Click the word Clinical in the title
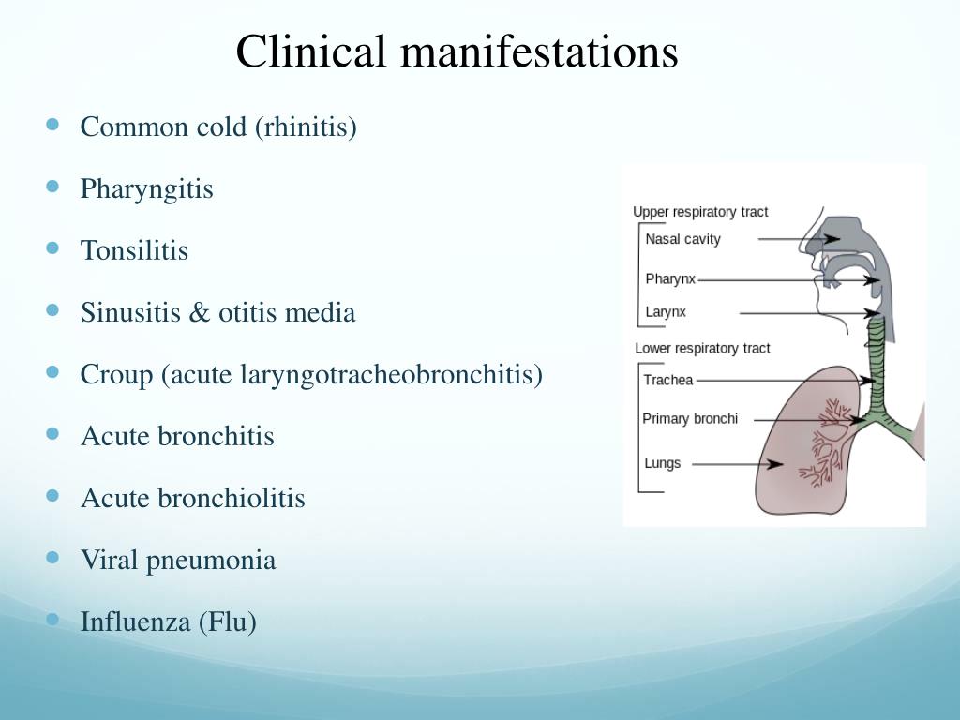click(x=310, y=52)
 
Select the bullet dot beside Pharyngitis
click(x=52, y=187)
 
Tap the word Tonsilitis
click(x=134, y=250)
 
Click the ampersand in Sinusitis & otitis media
click(x=200, y=312)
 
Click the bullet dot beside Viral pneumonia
click(x=52, y=558)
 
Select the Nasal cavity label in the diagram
click(x=682, y=239)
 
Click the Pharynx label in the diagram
click(x=670, y=279)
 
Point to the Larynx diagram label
click(x=666, y=312)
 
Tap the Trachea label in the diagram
click(x=668, y=381)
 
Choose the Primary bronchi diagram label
click(x=690, y=418)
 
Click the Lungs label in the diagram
click(x=663, y=463)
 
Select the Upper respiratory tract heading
click(x=700, y=212)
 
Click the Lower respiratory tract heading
click(x=702, y=348)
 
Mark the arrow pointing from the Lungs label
click(x=740, y=463)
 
